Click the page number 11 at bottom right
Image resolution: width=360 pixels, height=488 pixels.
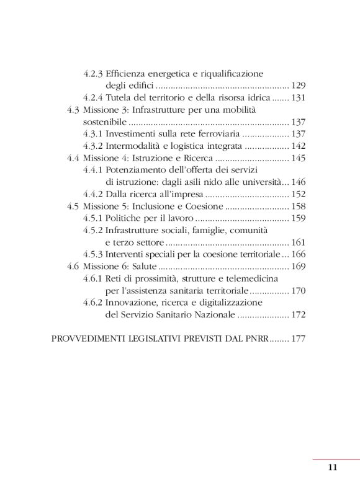coord(332,468)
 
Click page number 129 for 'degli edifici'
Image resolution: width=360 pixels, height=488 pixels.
coord(299,86)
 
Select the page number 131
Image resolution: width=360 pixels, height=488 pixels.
coord(299,98)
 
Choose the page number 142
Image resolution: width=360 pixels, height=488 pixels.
coord(299,146)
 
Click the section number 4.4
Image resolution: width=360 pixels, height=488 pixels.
coord(74,158)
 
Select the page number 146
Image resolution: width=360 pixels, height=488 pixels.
coord(299,182)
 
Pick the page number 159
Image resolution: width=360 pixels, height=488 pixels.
coord(299,218)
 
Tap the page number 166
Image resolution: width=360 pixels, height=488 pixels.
coord(299,254)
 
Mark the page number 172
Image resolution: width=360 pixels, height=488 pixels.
coord(299,315)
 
